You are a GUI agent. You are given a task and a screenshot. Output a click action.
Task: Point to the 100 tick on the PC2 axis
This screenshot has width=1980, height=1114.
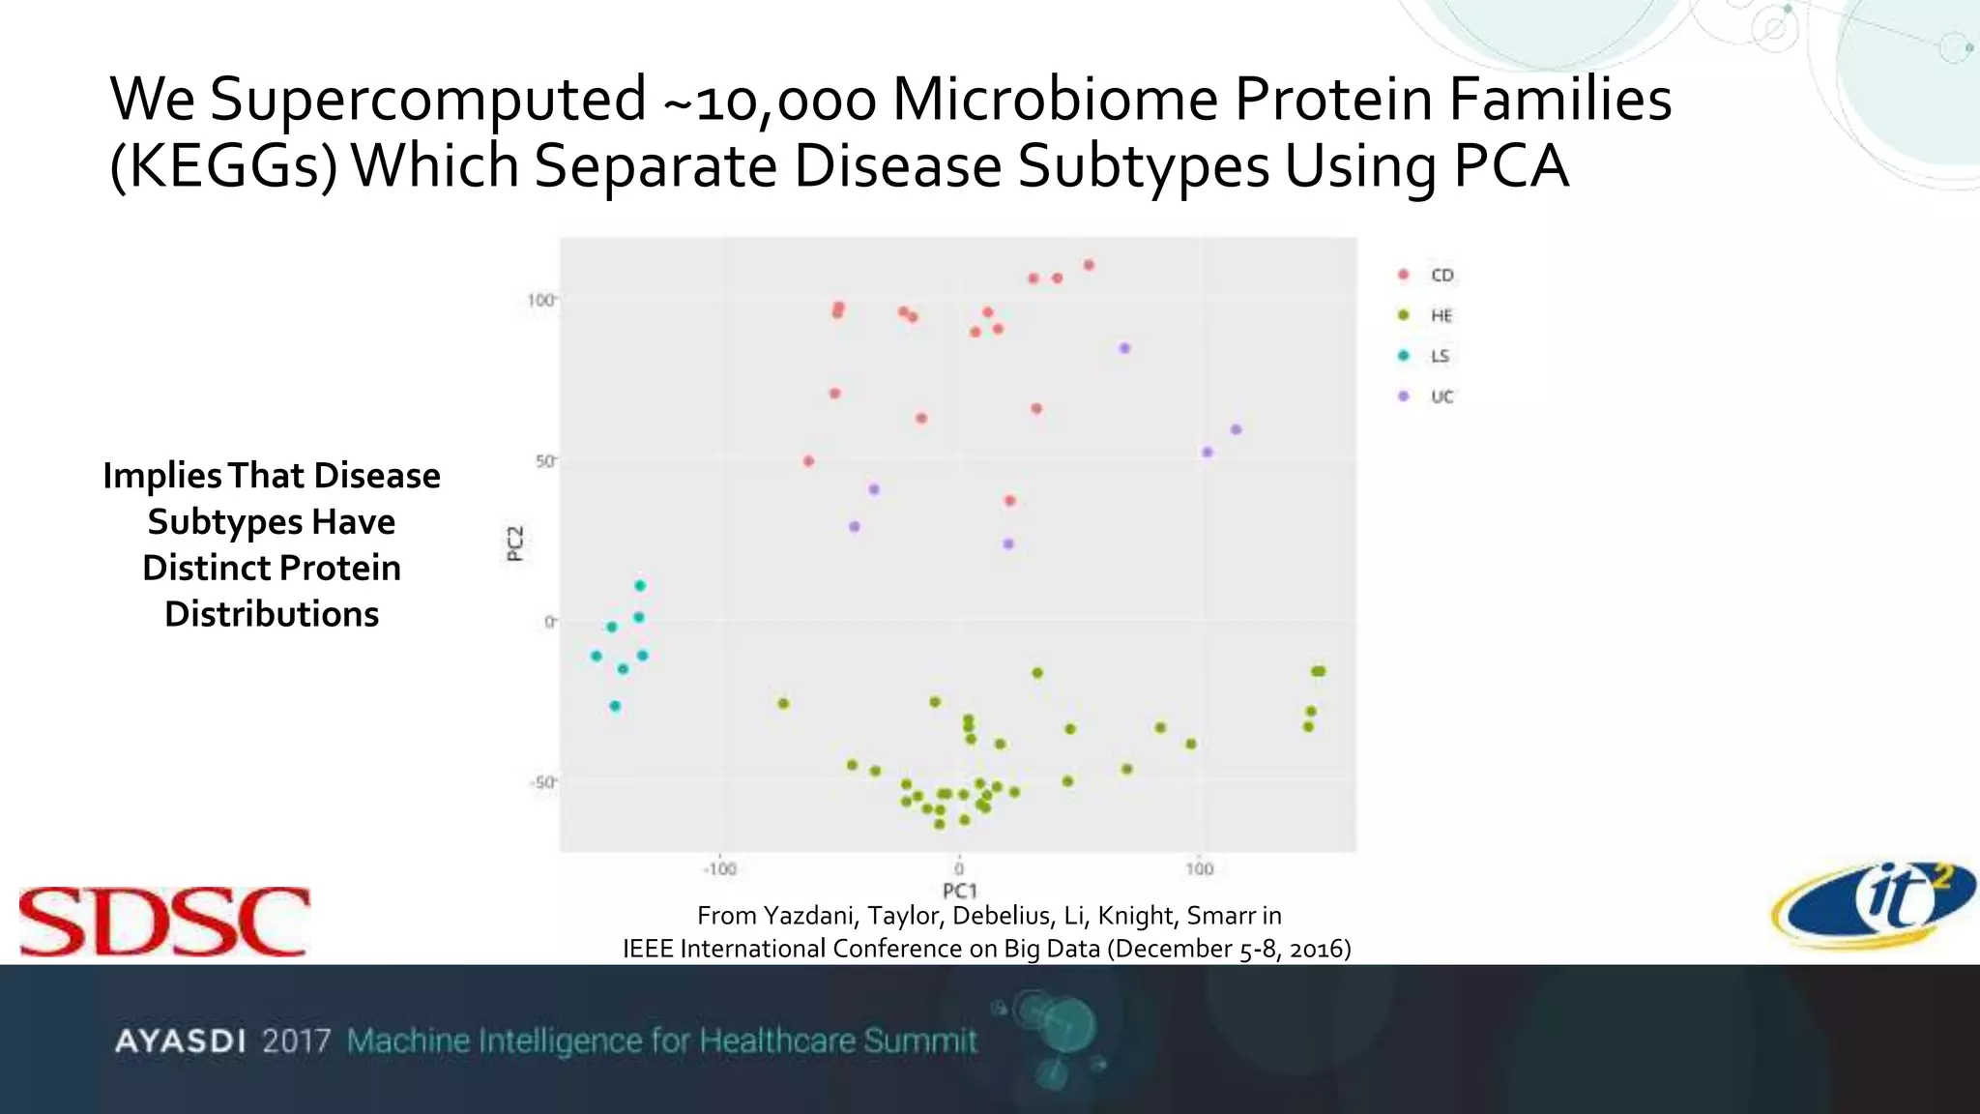pyautogui.click(x=540, y=301)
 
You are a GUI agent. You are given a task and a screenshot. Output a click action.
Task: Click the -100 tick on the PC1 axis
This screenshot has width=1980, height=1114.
pyautogui.click(x=719, y=869)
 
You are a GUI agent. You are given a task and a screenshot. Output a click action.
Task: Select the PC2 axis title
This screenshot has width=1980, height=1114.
pyautogui.click(x=515, y=543)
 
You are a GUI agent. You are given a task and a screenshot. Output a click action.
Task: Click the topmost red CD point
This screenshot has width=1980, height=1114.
pyautogui.click(x=1089, y=265)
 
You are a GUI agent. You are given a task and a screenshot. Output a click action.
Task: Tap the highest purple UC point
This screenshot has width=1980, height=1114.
pyautogui.click(x=1124, y=348)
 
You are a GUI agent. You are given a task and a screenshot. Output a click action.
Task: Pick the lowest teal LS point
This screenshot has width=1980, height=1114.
pyautogui.click(x=615, y=707)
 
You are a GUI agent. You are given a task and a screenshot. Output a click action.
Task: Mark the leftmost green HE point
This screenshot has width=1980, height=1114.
pyautogui.click(x=783, y=703)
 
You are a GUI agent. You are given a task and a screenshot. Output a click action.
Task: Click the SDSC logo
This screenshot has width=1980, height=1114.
pyautogui.click(x=164, y=922)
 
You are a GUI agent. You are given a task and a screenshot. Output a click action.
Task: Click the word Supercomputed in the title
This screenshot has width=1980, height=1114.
pyautogui.click(x=427, y=100)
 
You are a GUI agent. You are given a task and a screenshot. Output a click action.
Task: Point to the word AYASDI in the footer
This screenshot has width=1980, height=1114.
pyautogui.click(x=180, y=1041)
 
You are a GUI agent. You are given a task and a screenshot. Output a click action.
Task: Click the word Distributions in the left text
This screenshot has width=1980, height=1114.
pyautogui.click(x=272, y=615)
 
